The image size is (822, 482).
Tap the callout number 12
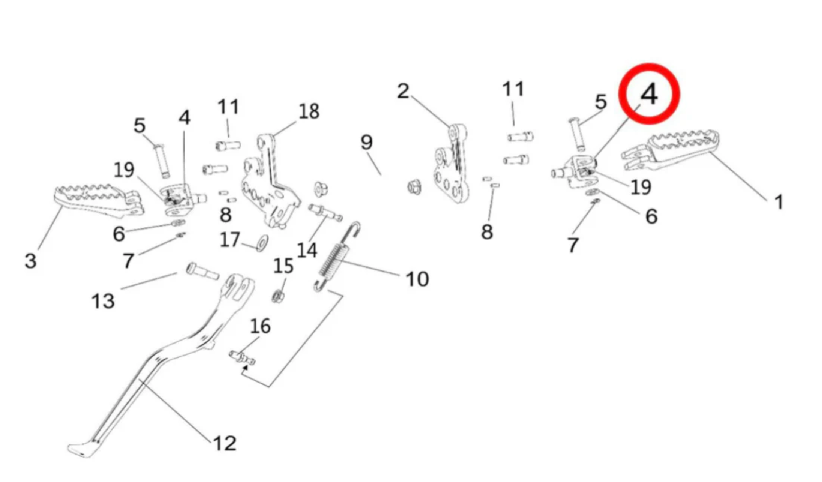point(225,443)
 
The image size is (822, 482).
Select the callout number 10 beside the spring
point(417,279)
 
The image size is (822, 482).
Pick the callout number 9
point(366,143)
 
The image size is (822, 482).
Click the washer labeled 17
point(262,243)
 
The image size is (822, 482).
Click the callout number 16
point(260,326)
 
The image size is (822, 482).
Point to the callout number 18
point(309,111)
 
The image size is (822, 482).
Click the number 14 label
point(307,250)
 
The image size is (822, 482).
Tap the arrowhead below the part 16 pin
point(245,369)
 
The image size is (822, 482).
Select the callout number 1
point(779,202)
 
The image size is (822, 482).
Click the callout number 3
point(30,261)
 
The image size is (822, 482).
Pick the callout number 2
point(403,91)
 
